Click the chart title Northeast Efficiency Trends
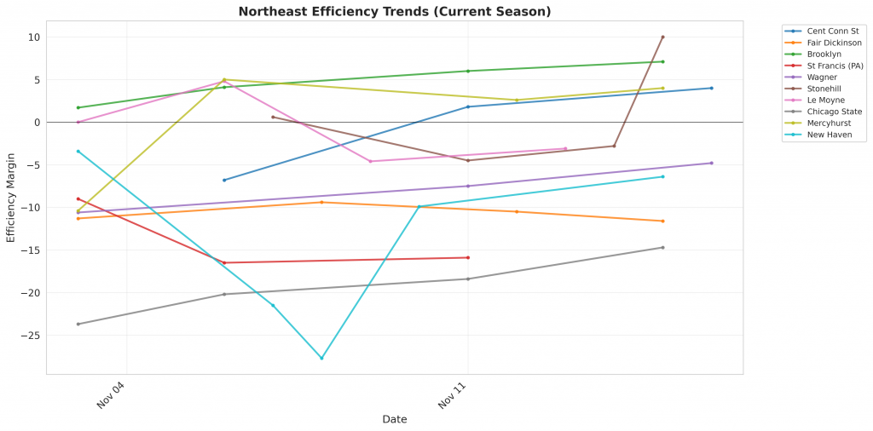coord(395,12)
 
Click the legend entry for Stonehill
coord(823,89)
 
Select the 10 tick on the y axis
coord(34,37)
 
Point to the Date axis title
coord(394,419)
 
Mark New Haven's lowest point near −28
coord(321,358)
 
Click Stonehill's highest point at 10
coord(662,37)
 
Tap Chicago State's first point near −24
coord(78,324)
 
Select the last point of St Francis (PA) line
coord(468,257)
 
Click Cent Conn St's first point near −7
coord(224,180)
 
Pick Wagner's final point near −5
coord(711,163)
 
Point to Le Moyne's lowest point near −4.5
coord(370,161)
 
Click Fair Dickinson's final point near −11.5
coord(662,221)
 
